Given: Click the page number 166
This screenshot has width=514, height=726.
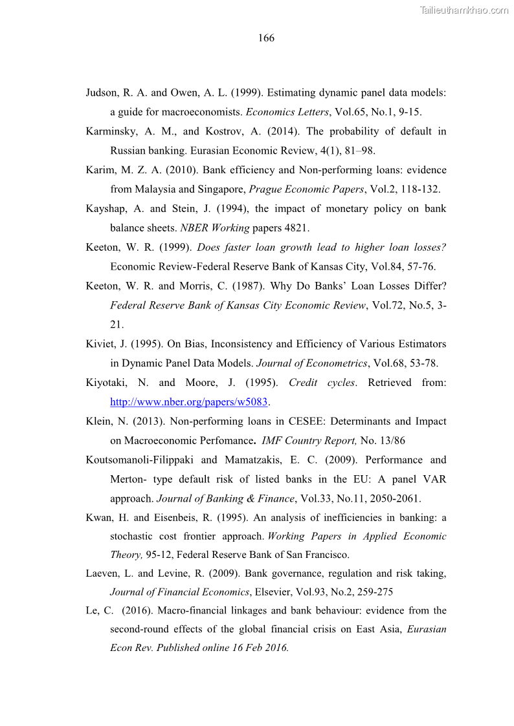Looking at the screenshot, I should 266,38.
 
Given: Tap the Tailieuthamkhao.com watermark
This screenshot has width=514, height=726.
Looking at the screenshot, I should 464,10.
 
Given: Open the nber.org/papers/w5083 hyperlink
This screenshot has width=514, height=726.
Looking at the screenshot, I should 189,402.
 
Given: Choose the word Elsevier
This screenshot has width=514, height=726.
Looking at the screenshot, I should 273,592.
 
